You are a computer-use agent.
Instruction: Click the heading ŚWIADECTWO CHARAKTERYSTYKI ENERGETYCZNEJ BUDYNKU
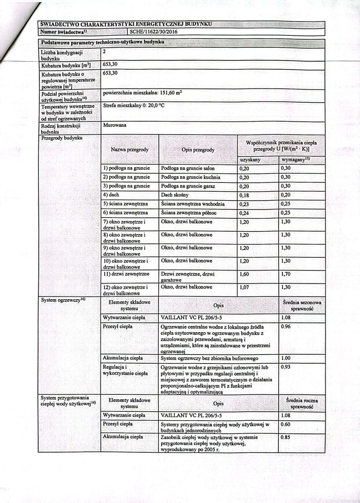[126, 24]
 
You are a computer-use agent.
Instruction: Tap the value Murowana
[115, 126]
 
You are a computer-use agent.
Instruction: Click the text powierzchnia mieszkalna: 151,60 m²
[143, 93]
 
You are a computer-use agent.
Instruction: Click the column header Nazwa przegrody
[129, 149]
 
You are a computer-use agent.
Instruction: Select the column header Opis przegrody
[198, 150]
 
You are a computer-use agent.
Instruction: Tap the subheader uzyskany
[251, 159]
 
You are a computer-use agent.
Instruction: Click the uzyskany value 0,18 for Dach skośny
[244, 195]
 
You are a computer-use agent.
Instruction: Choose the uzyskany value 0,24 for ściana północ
[244, 213]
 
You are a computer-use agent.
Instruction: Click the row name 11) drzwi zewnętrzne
[126, 274]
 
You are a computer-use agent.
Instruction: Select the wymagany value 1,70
[286, 274]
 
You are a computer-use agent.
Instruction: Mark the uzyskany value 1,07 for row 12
[244, 287]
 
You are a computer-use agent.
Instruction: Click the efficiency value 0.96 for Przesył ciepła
[286, 326]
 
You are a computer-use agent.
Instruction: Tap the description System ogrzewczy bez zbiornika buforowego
[210, 358]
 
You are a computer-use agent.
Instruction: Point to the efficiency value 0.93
[286, 367]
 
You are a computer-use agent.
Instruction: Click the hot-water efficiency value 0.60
[286, 424]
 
